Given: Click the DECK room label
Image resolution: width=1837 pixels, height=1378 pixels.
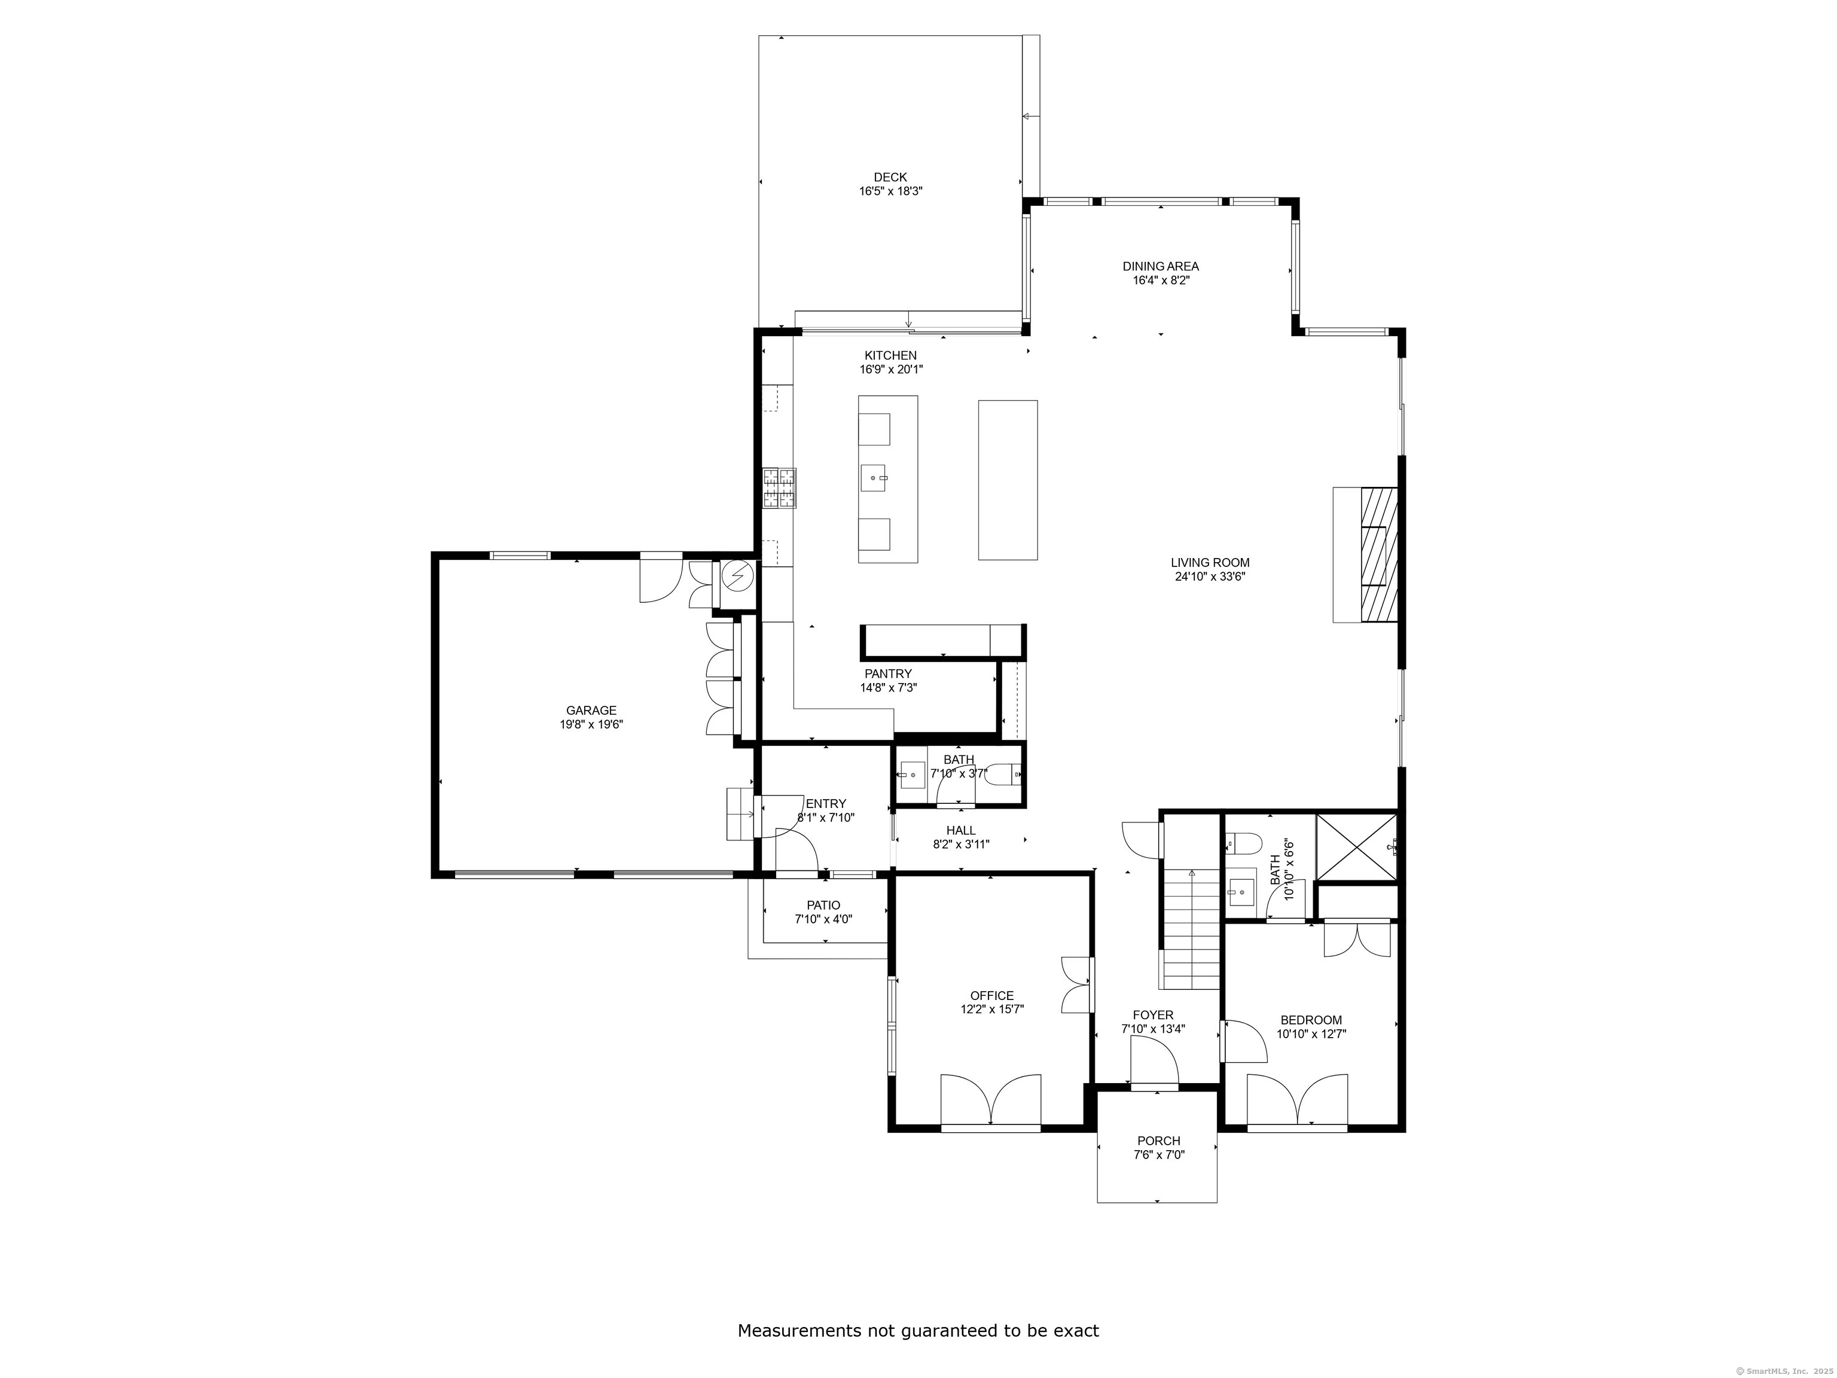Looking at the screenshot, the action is [890, 177].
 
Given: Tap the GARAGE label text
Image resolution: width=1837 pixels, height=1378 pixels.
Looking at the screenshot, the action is [591, 710].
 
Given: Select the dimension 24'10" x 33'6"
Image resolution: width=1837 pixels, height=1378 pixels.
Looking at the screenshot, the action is [1210, 575].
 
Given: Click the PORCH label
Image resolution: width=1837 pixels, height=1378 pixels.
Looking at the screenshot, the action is [1158, 1141].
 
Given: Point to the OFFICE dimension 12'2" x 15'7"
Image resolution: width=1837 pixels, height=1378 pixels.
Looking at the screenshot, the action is [991, 1009].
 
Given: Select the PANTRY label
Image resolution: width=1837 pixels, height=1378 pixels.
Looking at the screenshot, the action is [888, 673].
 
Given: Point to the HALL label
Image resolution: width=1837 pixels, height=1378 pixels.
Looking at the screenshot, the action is [961, 830].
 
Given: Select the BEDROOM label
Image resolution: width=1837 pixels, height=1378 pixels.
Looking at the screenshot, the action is [1311, 1020].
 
